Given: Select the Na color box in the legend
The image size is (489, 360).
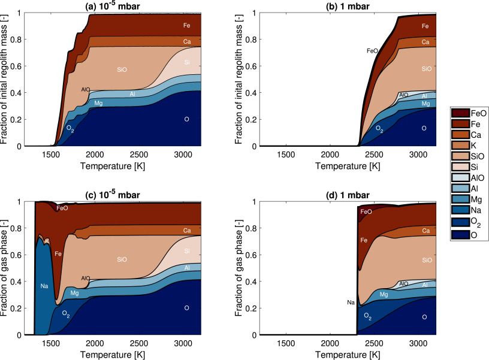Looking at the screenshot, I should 460,208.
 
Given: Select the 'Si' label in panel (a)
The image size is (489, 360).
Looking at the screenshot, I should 186,62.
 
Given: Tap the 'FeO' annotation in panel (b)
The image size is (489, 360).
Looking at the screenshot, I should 372,52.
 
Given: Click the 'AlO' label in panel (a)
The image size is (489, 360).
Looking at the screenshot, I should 86,89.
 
